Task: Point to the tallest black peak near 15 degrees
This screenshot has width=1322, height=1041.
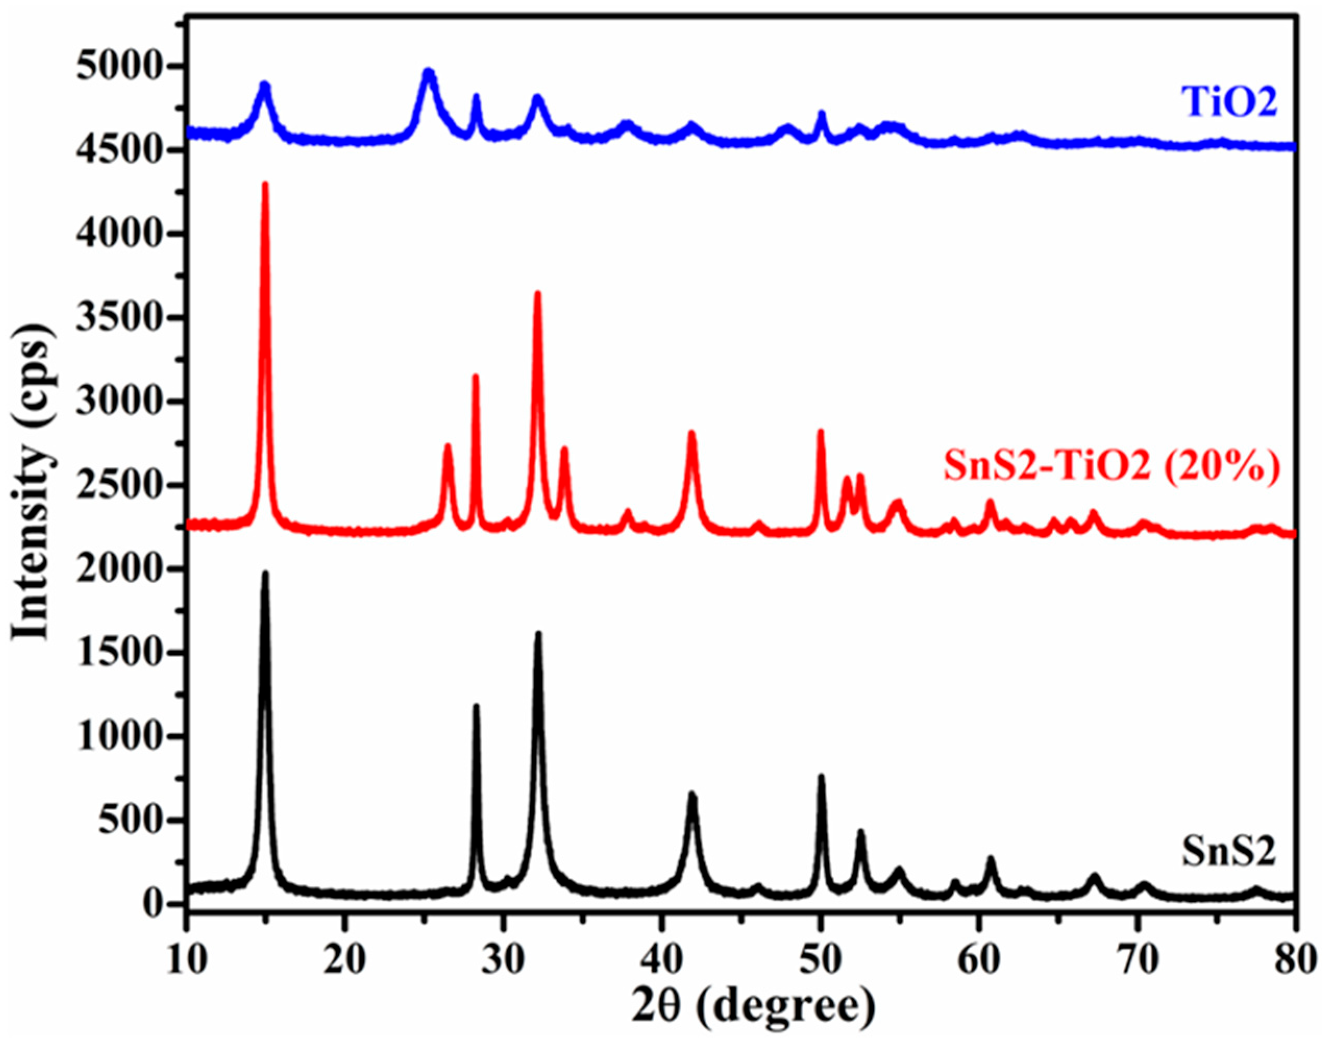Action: click(265, 574)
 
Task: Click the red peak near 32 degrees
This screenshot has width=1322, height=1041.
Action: click(538, 294)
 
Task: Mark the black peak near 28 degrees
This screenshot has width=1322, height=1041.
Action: click(476, 707)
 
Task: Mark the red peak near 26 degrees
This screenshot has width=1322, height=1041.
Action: click(448, 446)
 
